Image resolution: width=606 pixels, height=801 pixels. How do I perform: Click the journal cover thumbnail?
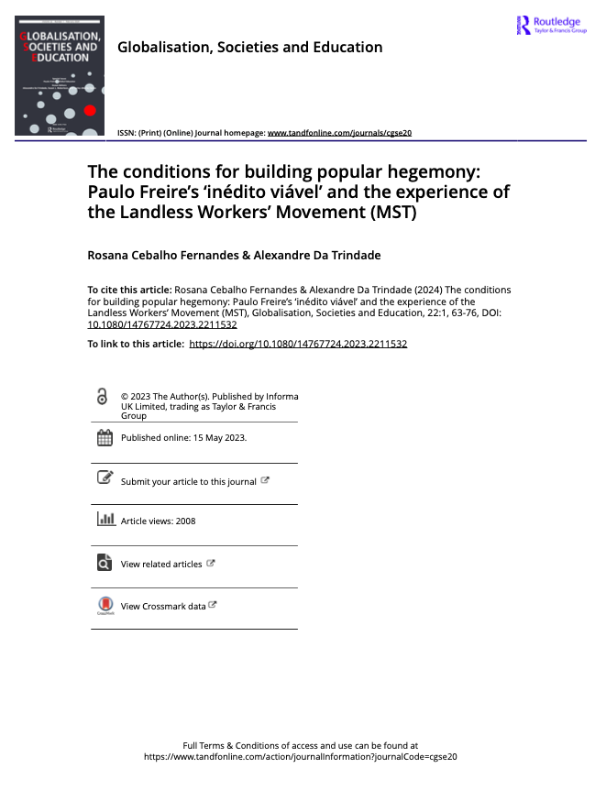[x=60, y=75]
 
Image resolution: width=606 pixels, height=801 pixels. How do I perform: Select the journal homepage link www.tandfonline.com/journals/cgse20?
[x=339, y=133]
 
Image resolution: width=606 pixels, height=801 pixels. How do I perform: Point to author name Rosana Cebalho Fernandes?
[x=170, y=255]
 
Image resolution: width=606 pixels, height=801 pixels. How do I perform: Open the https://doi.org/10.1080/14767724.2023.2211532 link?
[x=298, y=344]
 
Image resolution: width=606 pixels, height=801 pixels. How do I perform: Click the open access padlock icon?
[x=104, y=397]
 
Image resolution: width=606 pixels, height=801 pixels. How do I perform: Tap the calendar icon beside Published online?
[x=105, y=437]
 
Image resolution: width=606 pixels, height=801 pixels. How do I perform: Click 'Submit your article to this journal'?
[x=188, y=481]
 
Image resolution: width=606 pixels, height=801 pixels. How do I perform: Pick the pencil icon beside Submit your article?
[x=105, y=477]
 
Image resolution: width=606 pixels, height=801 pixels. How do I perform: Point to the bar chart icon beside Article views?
[x=105, y=520]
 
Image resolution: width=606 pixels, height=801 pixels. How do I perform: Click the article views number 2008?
[x=184, y=521]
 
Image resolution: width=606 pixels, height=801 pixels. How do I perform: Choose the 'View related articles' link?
[x=161, y=565]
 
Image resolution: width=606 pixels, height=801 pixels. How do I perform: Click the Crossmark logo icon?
[x=105, y=605]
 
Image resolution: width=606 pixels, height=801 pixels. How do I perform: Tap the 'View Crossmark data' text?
[x=163, y=606]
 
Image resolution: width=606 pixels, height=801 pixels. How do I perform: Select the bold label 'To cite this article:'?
[x=128, y=290]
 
